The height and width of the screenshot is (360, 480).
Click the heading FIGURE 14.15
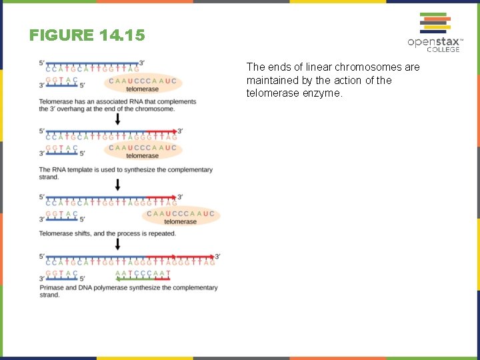click(87, 35)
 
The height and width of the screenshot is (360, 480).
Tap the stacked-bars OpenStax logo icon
click(433, 23)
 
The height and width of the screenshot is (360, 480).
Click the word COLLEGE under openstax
click(443, 49)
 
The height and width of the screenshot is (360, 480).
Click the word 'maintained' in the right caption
click(273, 80)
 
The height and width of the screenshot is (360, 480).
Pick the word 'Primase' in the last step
click(51, 287)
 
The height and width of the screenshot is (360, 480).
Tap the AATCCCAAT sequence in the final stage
click(143, 273)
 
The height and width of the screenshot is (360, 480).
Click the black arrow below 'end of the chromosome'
click(118, 119)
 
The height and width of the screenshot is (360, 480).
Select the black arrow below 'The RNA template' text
click(118, 184)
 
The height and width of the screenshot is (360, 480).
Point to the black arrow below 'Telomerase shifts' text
click(118, 244)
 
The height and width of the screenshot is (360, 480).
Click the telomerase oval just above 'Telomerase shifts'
click(180, 217)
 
